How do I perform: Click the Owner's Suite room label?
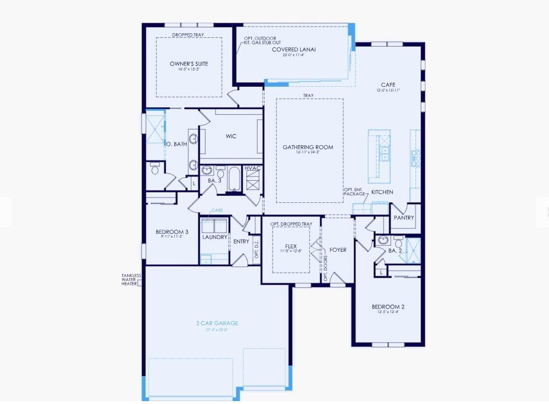coord(189,64)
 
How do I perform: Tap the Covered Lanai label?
coord(294,50)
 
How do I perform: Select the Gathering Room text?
coord(308,147)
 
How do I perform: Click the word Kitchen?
coord(382,192)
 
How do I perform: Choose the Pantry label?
coord(403,218)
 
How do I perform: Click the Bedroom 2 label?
coord(388,307)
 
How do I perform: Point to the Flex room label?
coord(291,246)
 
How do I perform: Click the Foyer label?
coord(337,250)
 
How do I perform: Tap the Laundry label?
coord(214,237)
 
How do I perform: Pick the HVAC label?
coord(253,168)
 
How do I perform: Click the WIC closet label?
coord(231,136)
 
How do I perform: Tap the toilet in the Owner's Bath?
coord(154,170)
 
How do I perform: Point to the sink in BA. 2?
coord(383,240)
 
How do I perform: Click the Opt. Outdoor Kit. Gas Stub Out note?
coord(260,41)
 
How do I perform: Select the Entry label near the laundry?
coord(241,241)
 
